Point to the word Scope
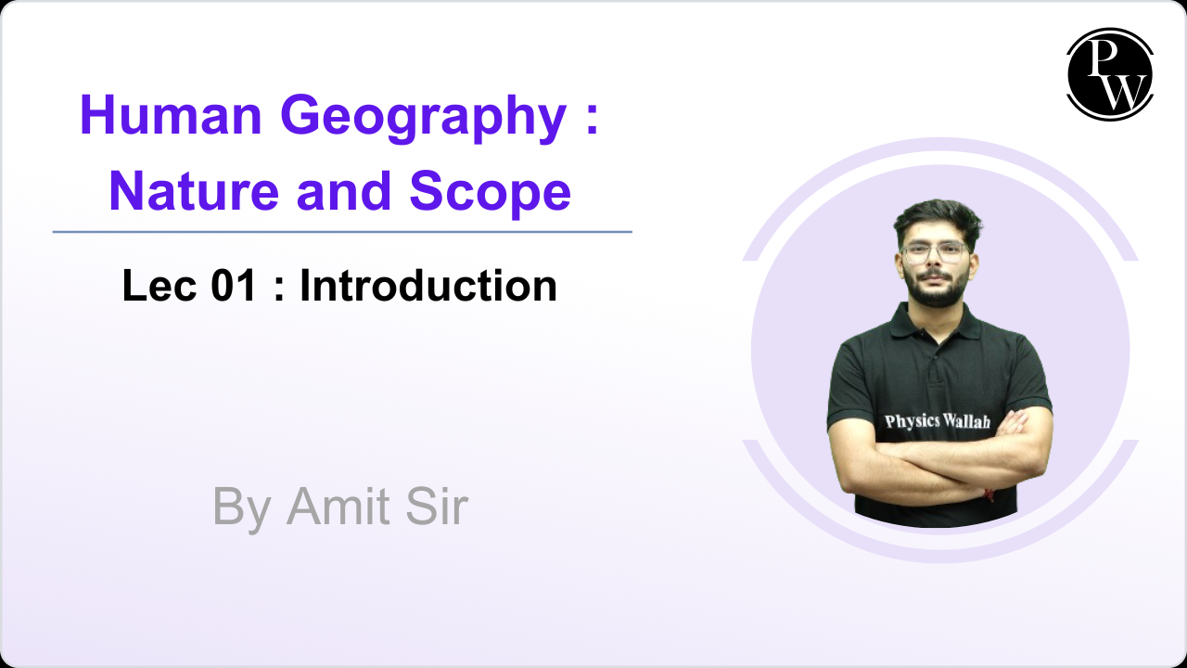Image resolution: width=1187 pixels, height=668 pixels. (490, 192)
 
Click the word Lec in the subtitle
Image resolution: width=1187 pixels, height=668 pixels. (155, 286)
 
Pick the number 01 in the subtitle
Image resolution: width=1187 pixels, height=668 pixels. (233, 286)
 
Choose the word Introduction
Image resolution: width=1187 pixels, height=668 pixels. (428, 286)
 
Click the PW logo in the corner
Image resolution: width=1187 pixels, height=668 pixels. (1109, 74)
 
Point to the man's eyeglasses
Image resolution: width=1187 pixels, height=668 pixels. (934, 251)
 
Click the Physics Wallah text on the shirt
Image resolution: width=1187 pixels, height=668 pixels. (937, 421)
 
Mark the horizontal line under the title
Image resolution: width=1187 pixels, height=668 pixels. (342, 232)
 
